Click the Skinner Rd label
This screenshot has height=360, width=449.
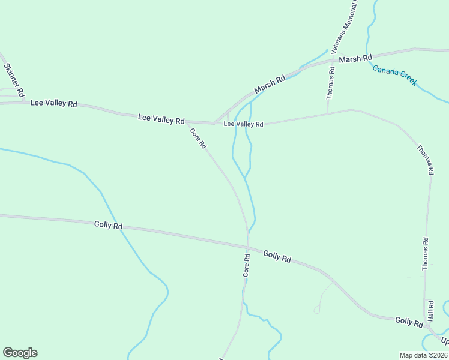point(14,80)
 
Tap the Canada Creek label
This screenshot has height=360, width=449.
point(394,76)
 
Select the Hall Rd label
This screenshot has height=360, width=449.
point(430,311)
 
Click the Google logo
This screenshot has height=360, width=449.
point(20,353)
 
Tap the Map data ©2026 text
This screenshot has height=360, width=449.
point(423,355)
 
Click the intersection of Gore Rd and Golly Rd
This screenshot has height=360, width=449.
point(247,246)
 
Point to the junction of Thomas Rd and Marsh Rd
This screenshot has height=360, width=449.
point(334,60)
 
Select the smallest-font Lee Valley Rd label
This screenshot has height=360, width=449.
point(243,124)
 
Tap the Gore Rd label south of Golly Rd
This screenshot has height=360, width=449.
point(246,265)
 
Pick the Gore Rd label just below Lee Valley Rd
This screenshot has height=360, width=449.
point(198,138)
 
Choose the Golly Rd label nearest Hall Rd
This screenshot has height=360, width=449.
point(409,322)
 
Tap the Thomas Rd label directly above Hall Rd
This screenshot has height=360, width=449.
point(425,254)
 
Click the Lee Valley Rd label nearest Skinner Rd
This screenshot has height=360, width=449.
point(54,104)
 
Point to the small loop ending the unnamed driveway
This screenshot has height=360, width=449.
point(316,310)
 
